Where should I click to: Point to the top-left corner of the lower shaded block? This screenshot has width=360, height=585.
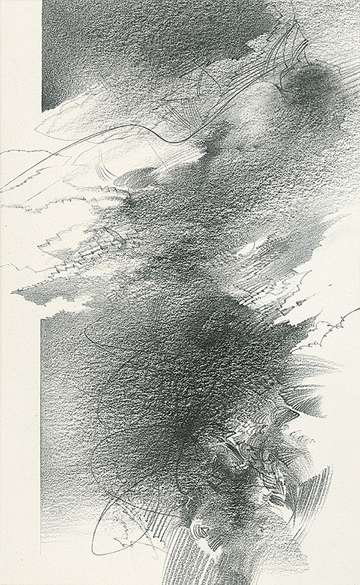42,317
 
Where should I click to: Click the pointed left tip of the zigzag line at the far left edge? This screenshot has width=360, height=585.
2,192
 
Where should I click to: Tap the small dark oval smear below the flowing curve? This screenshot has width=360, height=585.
139,175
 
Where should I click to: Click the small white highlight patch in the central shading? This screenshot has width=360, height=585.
249,249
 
